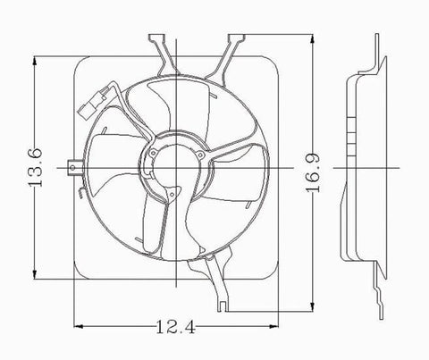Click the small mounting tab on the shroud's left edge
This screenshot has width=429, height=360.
click(70, 165)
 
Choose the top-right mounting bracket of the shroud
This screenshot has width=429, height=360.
click(234, 51)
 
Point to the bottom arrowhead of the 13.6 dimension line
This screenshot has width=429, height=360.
click(36, 276)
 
